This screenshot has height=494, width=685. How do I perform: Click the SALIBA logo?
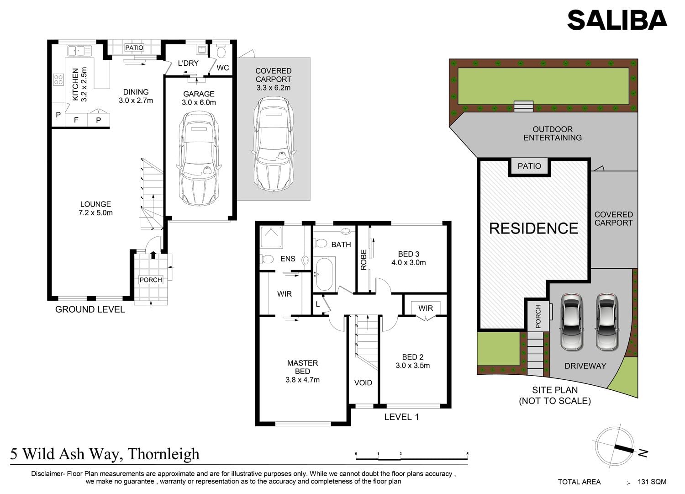coord(617,20)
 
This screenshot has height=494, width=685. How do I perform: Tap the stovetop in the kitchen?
coord(58,80)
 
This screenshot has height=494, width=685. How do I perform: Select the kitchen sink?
coord(79,51)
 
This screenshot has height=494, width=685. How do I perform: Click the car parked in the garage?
coord(199,159)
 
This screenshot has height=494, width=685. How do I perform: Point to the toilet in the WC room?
coord(221,52)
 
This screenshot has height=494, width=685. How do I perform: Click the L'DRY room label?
coord(188,63)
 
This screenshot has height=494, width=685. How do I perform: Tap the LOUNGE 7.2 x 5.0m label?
coord(96,208)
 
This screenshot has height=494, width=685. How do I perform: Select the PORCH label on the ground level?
coord(151,280)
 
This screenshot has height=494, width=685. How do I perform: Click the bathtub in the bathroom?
coord(324,274)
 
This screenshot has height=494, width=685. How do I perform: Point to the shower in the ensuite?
coord(271,237)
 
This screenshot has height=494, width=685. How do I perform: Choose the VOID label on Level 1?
coord(363,382)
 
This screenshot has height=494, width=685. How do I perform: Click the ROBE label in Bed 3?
coord(364,260)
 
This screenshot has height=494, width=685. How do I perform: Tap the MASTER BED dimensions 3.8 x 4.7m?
coord(302,380)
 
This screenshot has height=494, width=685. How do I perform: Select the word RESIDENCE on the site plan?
coord(534,228)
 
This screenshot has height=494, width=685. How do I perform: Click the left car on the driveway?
coord(571,322)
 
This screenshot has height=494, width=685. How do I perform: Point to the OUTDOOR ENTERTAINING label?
coord(553,133)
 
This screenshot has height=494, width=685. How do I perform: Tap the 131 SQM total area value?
coord(652,482)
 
